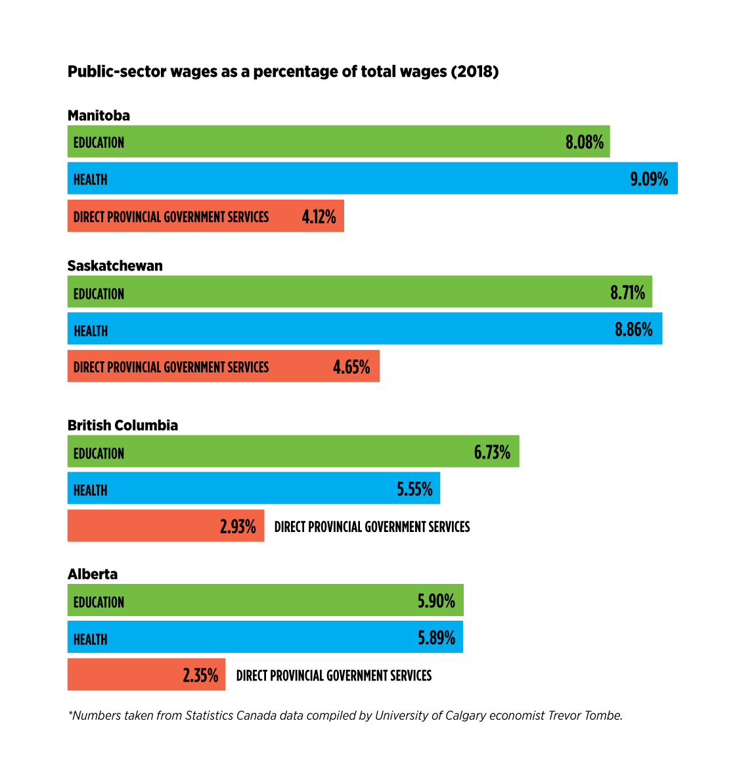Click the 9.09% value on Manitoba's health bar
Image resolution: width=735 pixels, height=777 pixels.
[x=649, y=179]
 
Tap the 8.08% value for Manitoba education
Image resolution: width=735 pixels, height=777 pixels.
[x=584, y=143]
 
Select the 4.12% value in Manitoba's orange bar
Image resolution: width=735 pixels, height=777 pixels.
[x=319, y=217]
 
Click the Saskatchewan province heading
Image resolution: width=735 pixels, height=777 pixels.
[x=115, y=265]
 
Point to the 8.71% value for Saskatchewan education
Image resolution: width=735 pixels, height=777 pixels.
[x=627, y=293]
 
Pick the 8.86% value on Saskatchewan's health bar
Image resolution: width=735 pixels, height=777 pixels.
[x=633, y=330]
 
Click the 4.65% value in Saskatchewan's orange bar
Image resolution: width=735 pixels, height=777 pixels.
[x=351, y=367]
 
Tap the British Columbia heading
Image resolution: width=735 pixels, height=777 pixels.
[x=123, y=425]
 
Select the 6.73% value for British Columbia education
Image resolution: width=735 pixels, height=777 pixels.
[x=492, y=453]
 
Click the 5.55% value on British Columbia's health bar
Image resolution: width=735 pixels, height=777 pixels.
[x=414, y=489]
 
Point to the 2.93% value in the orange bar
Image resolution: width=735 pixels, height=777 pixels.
[x=238, y=527]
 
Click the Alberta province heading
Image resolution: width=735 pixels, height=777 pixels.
[x=93, y=574]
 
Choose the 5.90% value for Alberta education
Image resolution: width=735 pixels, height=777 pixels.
[x=436, y=602]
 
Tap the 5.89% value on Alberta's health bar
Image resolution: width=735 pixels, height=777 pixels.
[x=436, y=638]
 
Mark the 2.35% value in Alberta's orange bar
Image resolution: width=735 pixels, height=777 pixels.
[x=200, y=676]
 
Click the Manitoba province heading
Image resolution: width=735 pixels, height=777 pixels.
[x=99, y=116]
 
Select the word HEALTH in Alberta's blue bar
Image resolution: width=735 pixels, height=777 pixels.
[x=90, y=639]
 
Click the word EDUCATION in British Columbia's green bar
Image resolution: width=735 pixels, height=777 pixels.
[x=99, y=453]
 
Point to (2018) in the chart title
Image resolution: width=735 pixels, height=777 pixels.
[x=474, y=72]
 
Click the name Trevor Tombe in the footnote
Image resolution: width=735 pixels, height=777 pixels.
[x=585, y=716]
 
